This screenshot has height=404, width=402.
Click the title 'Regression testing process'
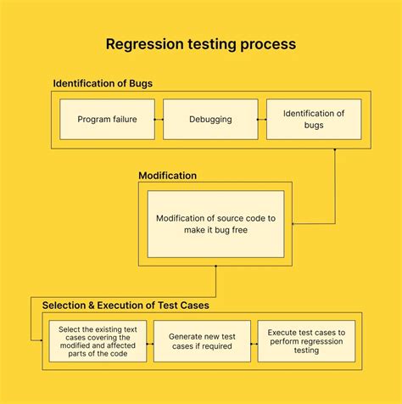pyautogui.click(x=201, y=43)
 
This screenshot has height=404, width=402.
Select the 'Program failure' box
pyautogui.click(x=107, y=119)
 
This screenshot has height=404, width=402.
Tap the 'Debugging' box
pyautogui.click(x=210, y=119)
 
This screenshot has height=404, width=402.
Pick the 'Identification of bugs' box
pyautogui.click(x=313, y=119)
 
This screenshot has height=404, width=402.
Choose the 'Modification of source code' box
pyautogui.click(x=215, y=224)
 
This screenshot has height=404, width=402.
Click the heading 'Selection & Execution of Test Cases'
pyautogui.click(x=120, y=305)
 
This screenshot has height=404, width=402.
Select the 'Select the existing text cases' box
pyautogui.click(x=98, y=341)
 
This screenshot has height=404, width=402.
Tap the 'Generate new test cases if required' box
pyautogui.click(x=202, y=341)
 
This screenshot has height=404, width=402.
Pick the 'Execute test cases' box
pyautogui.click(x=306, y=341)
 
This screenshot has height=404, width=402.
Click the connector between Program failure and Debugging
pyautogui.click(x=159, y=120)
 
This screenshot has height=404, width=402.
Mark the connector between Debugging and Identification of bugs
pyautogui.click(x=262, y=120)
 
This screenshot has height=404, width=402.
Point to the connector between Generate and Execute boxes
pyautogui.click(x=254, y=341)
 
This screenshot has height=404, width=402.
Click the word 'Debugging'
pyautogui.click(x=210, y=119)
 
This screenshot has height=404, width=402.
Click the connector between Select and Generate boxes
pyautogui.click(x=150, y=341)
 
